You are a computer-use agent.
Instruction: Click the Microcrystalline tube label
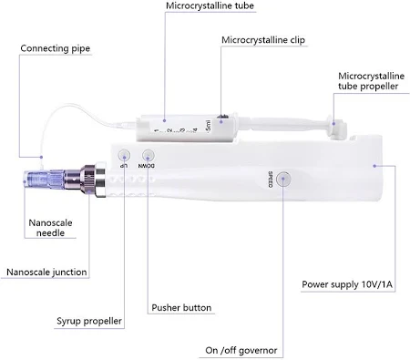coord(210,5)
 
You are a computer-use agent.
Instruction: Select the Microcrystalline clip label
coord(263,40)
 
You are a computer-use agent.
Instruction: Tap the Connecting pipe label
coord(56,48)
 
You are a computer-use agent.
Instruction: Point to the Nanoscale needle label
coord(50,228)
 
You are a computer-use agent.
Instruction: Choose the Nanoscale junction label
coord(46,272)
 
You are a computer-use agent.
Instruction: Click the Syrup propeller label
coord(89,321)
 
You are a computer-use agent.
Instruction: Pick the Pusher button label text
coord(181,308)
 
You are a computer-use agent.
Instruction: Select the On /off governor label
coord(241,350)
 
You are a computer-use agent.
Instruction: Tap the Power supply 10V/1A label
coord(347,284)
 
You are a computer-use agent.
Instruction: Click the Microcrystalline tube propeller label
coord(371,81)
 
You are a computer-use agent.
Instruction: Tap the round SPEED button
coord(283,179)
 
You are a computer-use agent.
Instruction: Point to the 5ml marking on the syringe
coord(209,126)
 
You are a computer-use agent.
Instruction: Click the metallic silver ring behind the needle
coord(100,180)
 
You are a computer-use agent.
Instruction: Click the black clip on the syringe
coord(222,117)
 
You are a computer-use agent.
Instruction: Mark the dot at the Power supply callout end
coord(374,166)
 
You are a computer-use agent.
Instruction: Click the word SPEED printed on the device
coord(271,180)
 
